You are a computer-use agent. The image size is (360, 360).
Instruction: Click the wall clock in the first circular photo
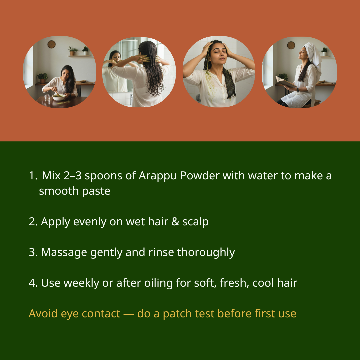coord(51,44)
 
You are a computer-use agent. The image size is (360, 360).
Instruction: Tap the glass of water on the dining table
coord(47,98)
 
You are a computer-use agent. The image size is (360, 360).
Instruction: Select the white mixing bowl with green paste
coord(59,97)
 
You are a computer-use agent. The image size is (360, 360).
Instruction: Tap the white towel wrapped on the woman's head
coord(313,53)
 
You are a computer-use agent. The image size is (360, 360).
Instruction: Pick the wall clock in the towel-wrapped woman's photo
coord(291,45)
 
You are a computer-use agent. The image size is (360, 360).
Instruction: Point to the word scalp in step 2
coord(195,222)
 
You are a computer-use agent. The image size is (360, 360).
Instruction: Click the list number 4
coord(33,283)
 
